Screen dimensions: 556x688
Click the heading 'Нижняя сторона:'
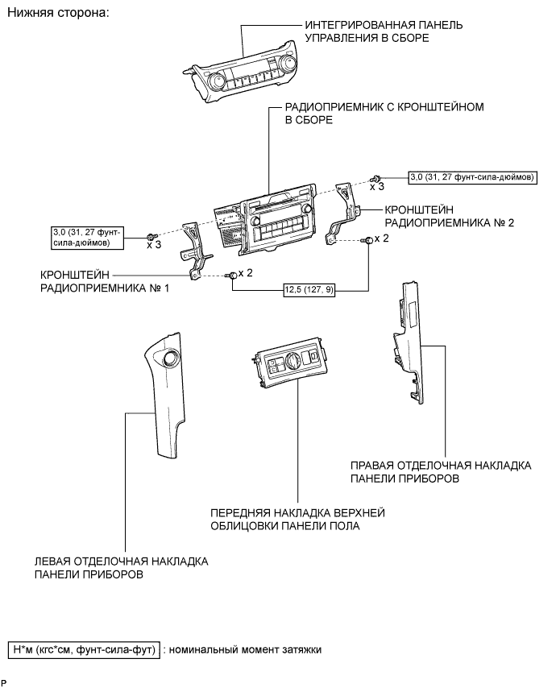58,13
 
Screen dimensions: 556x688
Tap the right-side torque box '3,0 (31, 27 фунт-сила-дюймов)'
472,177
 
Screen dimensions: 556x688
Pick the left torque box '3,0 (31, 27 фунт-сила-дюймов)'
87,238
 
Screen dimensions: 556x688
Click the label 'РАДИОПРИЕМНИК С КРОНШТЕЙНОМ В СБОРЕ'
384,114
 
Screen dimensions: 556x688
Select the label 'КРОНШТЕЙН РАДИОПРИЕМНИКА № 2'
449,217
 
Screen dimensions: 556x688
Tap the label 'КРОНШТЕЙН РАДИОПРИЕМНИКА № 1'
105,281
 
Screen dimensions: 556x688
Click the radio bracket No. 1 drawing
195,251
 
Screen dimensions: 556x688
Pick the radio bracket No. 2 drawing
342,213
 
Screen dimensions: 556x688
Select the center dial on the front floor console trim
292,360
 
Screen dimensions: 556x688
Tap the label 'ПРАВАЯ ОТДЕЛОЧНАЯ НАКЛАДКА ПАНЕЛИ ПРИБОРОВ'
441,471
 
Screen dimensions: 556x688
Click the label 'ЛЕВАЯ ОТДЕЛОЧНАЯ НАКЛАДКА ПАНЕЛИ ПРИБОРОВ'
121,568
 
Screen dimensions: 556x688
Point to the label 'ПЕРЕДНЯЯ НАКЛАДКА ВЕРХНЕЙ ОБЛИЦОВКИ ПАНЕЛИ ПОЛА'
297,519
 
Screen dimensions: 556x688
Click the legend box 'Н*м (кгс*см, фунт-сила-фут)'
85,649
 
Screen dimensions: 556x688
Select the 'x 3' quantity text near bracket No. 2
377,187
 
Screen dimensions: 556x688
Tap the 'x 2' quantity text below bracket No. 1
246,273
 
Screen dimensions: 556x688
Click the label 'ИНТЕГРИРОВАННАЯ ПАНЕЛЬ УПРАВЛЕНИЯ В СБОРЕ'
384,31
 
